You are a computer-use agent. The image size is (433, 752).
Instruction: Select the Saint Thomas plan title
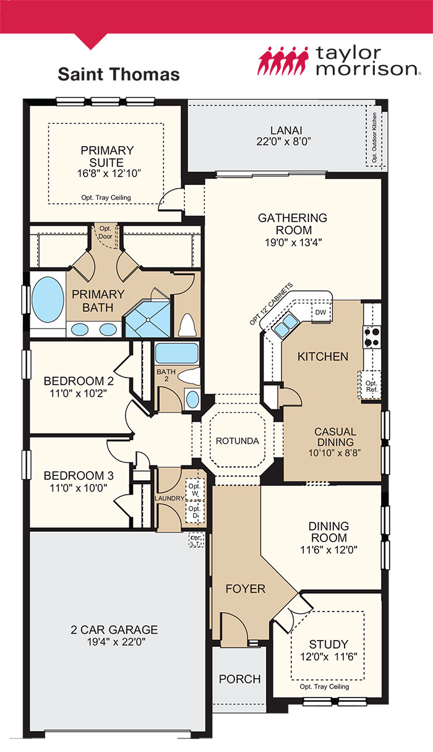[x=119, y=75]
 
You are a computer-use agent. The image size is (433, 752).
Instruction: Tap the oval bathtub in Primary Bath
[x=47, y=298]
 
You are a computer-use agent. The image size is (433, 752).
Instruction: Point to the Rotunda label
[x=233, y=441]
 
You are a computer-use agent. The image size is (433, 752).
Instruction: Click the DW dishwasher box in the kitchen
[x=320, y=313]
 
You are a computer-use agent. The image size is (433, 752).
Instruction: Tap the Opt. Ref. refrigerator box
[x=371, y=386]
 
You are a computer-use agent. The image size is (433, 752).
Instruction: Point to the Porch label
[x=240, y=679]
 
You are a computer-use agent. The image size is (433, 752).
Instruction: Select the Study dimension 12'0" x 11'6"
[x=328, y=656]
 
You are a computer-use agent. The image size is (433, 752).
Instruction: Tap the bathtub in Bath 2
[x=176, y=353]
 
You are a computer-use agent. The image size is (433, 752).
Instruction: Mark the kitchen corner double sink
[x=286, y=324]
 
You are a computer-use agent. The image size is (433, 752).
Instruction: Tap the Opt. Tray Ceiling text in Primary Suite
[x=106, y=198]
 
